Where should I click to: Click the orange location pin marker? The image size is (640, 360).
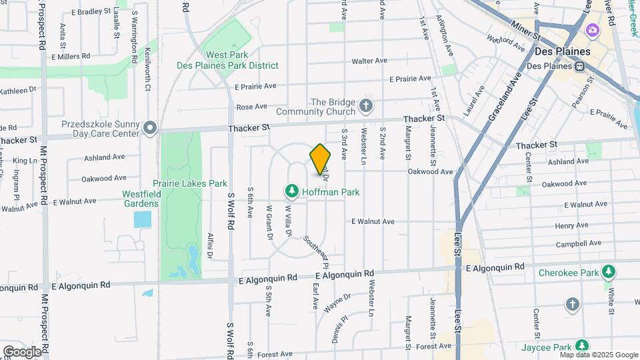[321, 159]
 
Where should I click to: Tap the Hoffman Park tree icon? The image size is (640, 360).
[291, 192]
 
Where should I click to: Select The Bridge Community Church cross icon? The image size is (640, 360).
[365, 105]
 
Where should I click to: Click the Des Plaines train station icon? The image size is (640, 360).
[580, 66]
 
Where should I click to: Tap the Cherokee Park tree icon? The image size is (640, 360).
[608, 271]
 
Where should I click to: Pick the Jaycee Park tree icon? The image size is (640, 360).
[582, 346]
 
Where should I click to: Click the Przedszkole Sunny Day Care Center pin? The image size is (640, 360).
[151, 127]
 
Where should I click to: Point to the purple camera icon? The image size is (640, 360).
[592, 31]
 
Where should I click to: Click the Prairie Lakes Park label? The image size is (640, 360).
[190, 183]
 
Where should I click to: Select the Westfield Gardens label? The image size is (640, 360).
[141, 199]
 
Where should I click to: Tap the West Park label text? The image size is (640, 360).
[227, 55]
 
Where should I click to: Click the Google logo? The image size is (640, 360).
[22, 352]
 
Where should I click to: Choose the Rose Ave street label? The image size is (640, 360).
[251, 107]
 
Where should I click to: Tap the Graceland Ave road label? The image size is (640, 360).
[503, 100]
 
